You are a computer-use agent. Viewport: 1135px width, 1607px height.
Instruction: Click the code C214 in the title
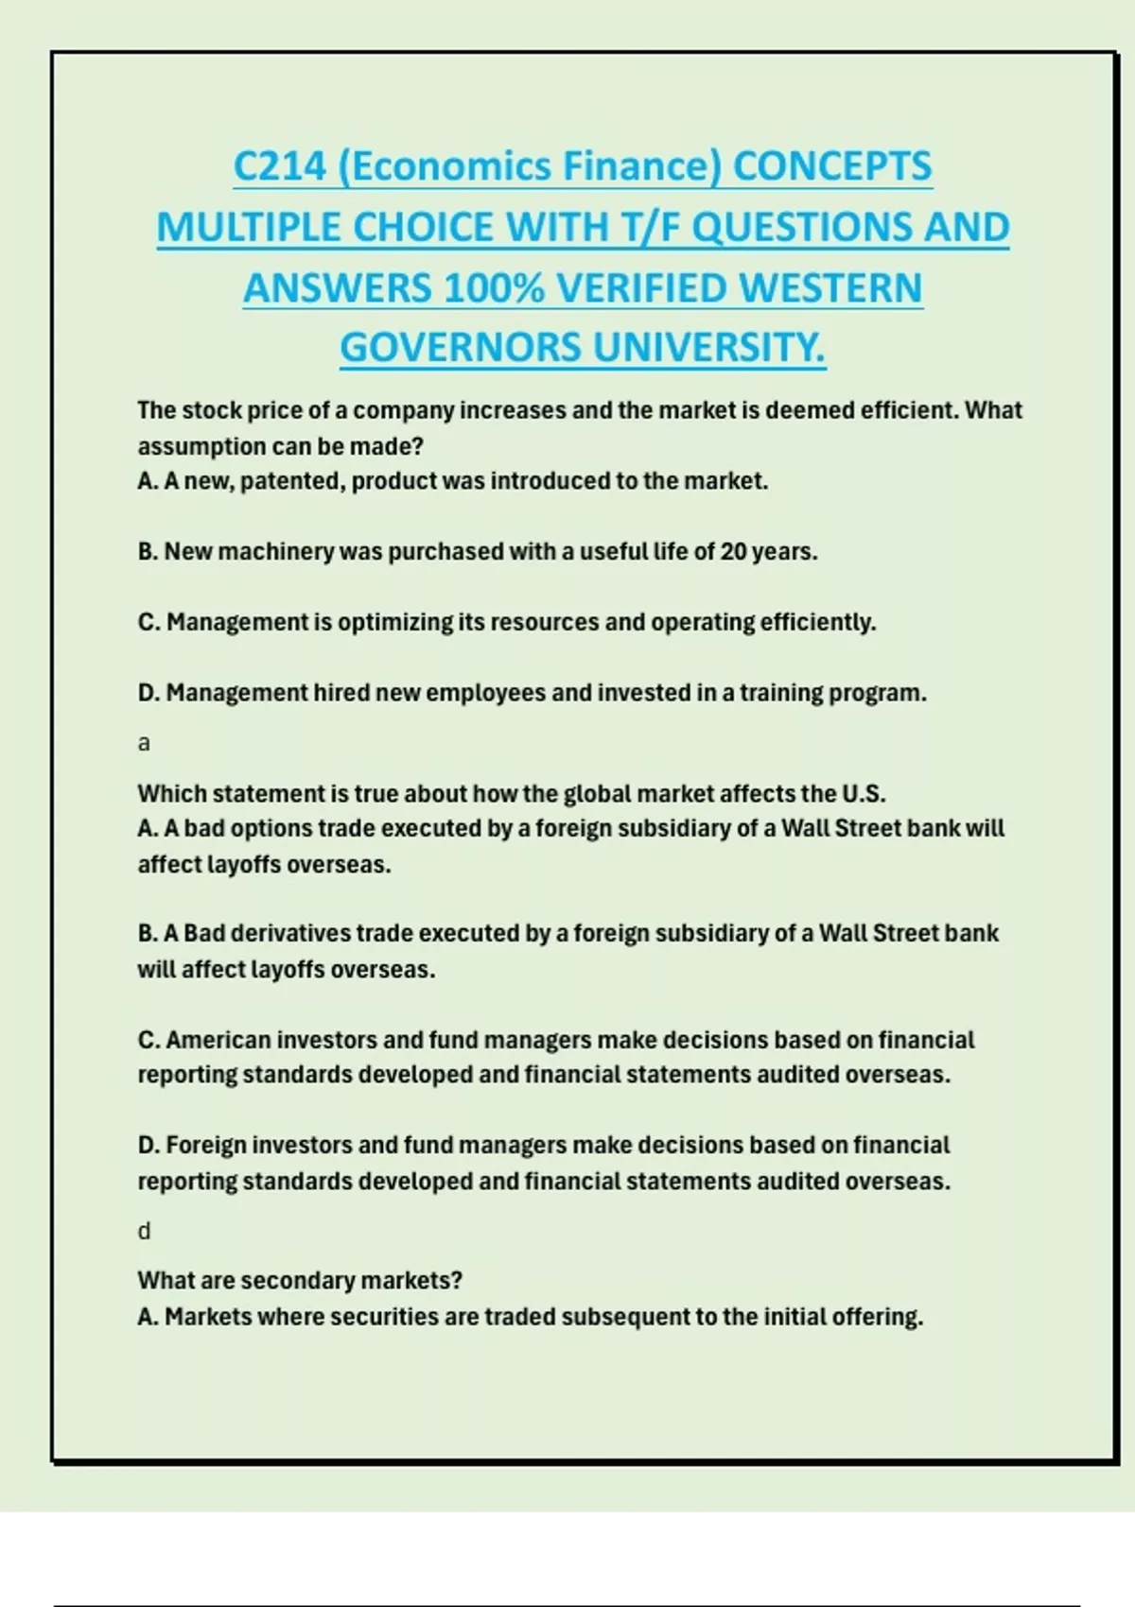[280, 167]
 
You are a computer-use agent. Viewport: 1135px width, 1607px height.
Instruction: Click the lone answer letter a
[144, 744]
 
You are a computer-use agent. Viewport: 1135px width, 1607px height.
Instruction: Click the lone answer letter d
[144, 1231]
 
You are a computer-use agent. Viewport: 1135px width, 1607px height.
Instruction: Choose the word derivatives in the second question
[290, 934]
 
